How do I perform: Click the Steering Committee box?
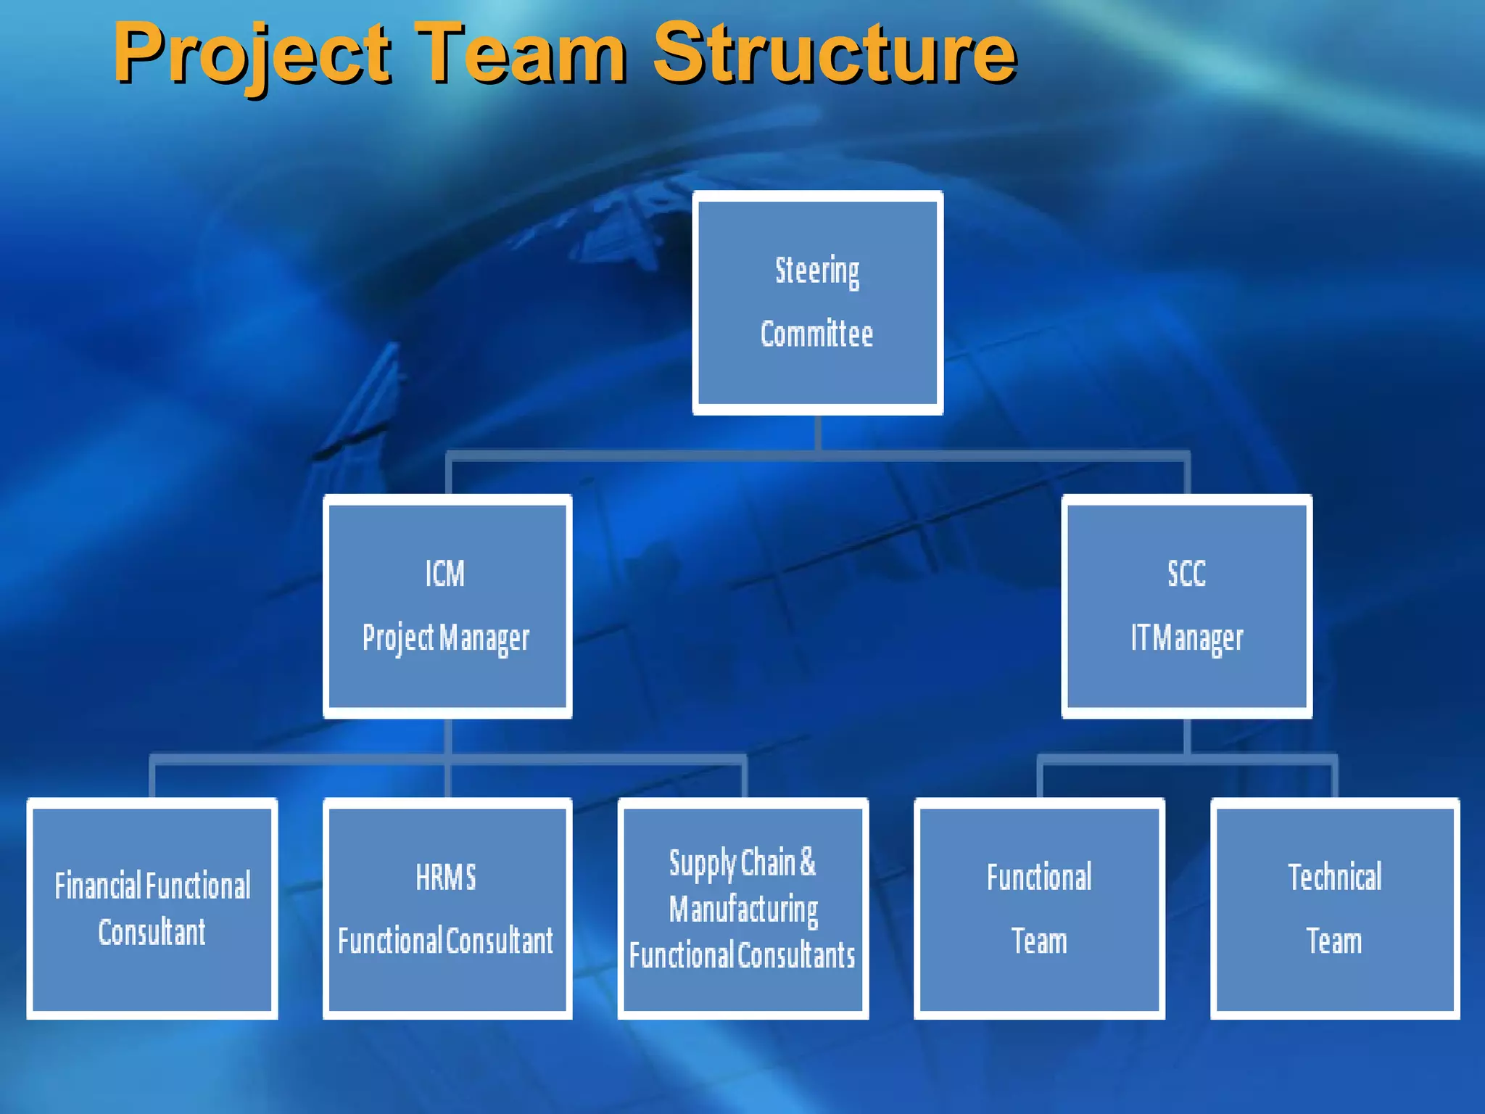pyautogui.click(x=817, y=302)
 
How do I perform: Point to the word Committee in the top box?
pyautogui.click(x=816, y=334)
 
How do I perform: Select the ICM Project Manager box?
pyautogui.click(x=447, y=606)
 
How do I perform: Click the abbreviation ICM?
pyautogui.click(x=444, y=574)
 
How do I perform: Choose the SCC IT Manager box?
pyautogui.click(x=1186, y=606)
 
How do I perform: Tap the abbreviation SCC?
pyautogui.click(x=1186, y=574)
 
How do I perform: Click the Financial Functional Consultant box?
pyautogui.click(x=152, y=908)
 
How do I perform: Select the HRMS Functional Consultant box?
pyautogui.click(x=447, y=908)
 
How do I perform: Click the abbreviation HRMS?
pyautogui.click(x=446, y=878)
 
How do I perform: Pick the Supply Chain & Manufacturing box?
pyautogui.click(x=743, y=908)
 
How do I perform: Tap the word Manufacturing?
pyautogui.click(x=743, y=909)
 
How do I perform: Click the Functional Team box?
pyautogui.click(x=1039, y=908)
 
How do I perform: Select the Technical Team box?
pyautogui.click(x=1335, y=908)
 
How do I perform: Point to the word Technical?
pyautogui.click(x=1335, y=878)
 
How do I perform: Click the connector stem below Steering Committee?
pyautogui.click(x=818, y=434)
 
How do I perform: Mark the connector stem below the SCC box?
pyautogui.click(x=1187, y=736)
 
